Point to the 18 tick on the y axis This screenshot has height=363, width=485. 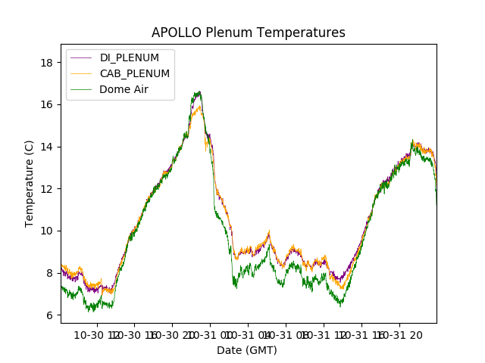[x=47, y=62]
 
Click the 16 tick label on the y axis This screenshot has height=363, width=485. [x=47, y=104]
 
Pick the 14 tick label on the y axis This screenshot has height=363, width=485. [x=47, y=146]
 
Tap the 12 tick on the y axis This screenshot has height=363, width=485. [x=47, y=188]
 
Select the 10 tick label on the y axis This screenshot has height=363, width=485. [x=47, y=231]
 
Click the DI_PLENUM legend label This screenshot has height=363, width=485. [x=130, y=58]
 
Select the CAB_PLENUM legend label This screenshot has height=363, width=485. [x=135, y=73]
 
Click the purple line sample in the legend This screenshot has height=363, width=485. [x=82, y=58]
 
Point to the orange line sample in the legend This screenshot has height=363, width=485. [x=82, y=73]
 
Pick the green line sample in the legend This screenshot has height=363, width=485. [x=82, y=89]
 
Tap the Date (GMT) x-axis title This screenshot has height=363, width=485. [x=247, y=350]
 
